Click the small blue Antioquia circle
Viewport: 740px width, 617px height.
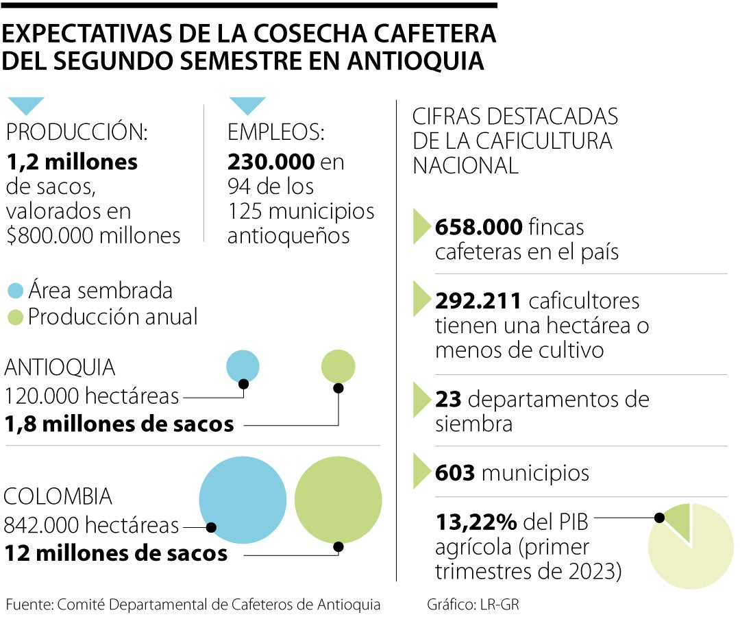(x=243, y=365)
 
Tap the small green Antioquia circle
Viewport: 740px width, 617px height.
(x=338, y=366)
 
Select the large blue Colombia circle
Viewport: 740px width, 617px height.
(x=243, y=499)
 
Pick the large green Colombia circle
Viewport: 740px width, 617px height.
(x=338, y=499)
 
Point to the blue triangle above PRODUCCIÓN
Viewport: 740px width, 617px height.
(x=25, y=105)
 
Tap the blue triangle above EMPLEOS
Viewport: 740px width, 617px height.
(x=247, y=105)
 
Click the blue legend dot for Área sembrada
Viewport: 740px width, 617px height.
(x=15, y=291)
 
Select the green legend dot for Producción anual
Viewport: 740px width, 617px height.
(x=15, y=317)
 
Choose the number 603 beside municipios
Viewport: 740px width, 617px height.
(x=455, y=473)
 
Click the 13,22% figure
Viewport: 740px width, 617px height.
(x=476, y=522)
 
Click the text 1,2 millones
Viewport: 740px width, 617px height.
(x=71, y=162)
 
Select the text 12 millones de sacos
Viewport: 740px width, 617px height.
(x=116, y=553)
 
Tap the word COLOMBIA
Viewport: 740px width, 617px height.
(x=58, y=496)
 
